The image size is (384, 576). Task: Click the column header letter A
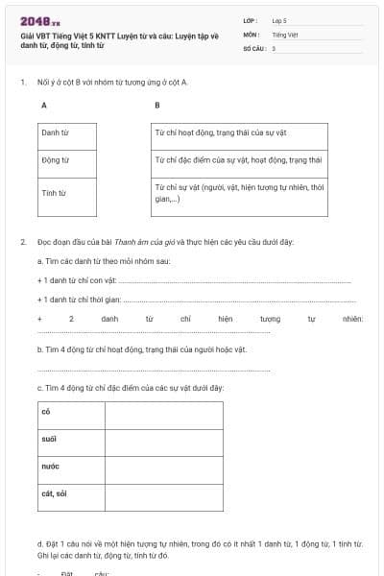pyautogui.click(x=43, y=104)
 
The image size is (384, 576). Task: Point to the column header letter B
pyautogui.click(x=156, y=104)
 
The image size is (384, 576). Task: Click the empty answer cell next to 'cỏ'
pyautogui.click(x=163, y=414)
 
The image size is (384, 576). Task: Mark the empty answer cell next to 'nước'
pyautogui.click(x=163, y=468)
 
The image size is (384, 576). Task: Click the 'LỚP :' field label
pyautogui.click(x=252, y=20)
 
